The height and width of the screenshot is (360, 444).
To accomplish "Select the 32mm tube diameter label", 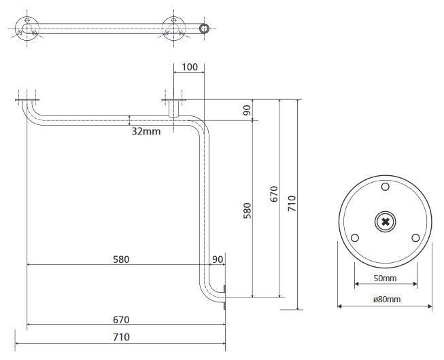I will [x=146, y=131].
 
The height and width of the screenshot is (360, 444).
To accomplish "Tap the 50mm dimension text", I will [x=385, y=278].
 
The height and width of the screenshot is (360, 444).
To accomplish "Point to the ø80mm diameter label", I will [x=385, y=300].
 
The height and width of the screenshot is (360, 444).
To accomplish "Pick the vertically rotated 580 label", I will [x=247, y=210].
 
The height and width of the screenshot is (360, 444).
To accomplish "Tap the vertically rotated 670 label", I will [x=274, y=198].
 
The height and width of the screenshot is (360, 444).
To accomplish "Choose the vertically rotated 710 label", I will [x=292, y=204].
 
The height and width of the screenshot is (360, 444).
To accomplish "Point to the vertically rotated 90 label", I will [x=247, y=109].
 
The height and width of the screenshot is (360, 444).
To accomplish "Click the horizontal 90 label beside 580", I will [x=218, y=259].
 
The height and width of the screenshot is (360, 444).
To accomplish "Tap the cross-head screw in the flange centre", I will [x=385, y=221].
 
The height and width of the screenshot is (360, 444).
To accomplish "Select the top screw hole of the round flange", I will [x=385, y=187].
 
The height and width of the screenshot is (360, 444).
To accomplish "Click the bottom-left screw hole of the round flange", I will [x=354, y=238].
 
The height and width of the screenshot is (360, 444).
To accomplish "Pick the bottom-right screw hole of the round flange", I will [x=415, y=238].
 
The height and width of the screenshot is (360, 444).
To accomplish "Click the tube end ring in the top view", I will [x=203, y=29].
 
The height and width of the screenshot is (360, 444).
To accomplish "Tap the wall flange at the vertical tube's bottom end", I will [x=224, y=298].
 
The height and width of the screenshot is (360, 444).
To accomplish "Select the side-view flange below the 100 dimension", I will [x=173, y=102].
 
